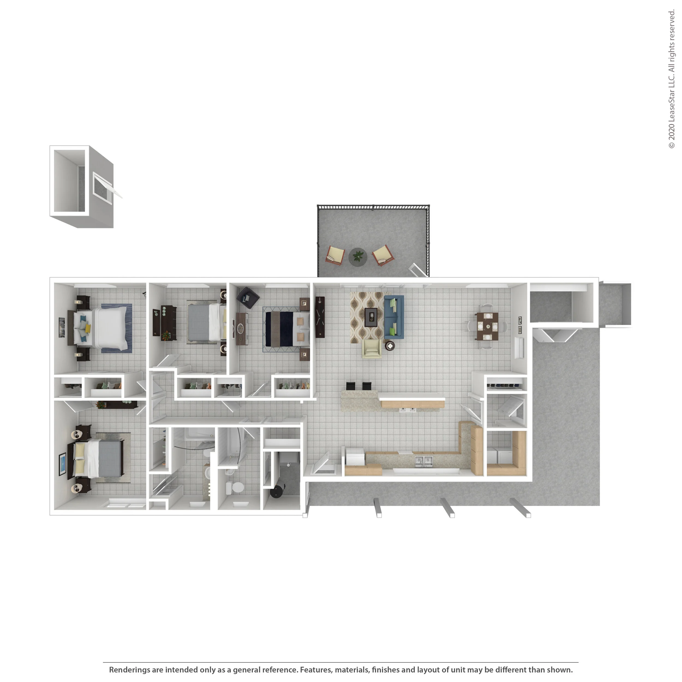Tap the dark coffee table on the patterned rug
click(371, 317)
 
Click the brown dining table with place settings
click(487, 326)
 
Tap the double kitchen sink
click(423, 461)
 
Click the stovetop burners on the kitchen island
click(408, 410)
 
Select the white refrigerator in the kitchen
click(355, 457)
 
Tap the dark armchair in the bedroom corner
click(248, 298)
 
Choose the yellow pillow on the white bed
click(88, 328)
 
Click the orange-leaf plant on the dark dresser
click(165, 335)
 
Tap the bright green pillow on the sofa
click(393, 303)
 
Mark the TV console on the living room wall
click(320, 317)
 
